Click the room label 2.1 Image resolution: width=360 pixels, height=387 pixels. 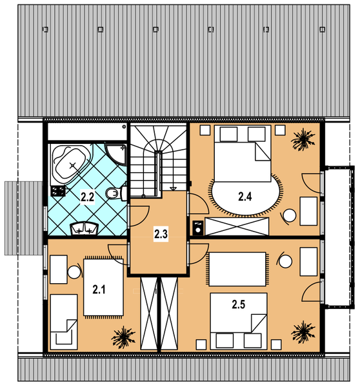click(99, 289)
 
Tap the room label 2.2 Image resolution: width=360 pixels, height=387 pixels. click(87, 197)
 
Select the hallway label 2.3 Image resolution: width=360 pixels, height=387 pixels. click(161, 234)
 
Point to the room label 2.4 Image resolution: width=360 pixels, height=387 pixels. click(245, 197)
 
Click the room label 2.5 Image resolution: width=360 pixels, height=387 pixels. click(238, 304)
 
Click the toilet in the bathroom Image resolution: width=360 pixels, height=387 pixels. click(116, 192)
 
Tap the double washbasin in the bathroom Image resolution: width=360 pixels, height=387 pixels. click(85, 228)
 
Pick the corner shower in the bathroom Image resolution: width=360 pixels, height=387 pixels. click(115, 154)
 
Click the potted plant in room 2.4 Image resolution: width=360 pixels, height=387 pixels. click(303, 140)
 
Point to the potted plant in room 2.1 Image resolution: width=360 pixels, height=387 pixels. click(123, 337)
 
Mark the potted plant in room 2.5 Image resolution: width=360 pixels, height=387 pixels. click(303, 332)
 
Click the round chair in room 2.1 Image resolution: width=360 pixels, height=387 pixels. click(74, 272)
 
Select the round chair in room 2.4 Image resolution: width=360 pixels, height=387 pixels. click(288, 215)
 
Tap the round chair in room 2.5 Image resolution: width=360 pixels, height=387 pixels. click(285, 261)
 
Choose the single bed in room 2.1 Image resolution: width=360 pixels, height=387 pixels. click(64, 322)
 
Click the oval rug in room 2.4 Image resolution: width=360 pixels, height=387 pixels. click(245, 195)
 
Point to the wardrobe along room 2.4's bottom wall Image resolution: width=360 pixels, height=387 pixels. click(237, 226)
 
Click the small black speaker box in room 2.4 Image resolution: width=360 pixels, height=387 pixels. click(198, 227)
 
